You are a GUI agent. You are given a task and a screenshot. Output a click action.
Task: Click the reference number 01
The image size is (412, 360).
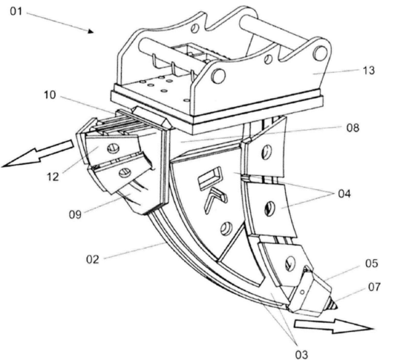pyautogui.click(x=16, y=11)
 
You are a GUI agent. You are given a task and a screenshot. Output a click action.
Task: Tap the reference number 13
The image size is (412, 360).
pyautogui.click(x=369, y=71)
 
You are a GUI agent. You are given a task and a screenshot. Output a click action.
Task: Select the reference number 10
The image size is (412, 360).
pyautogui.click(x=50, y=95)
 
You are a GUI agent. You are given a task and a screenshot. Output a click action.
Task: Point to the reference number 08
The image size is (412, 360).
pyautogui.click(x=353, y=128)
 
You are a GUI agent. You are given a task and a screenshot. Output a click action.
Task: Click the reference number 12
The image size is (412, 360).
pyautogui.click(x=53, y=177)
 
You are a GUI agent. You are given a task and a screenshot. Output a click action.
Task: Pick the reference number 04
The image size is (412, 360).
pyautogui.click(x=344, y=194)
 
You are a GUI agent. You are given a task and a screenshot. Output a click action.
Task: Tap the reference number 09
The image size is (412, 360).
pyautogui.click(x=75, y=215)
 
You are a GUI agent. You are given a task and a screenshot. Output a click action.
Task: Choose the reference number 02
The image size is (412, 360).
pyautogui.click(x=93, y=259)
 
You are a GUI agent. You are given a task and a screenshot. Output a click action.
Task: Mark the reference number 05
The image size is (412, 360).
pyautogui.click(x=371, y=264)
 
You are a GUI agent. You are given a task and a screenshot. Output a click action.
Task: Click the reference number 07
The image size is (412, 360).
pyautogui.click(x=374, y=287)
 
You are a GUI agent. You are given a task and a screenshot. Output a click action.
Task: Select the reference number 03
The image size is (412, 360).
pyautogui.click(x=301, y=355)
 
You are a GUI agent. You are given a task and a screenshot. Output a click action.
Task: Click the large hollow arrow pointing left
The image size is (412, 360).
pyautogui.click(x=38, y=154)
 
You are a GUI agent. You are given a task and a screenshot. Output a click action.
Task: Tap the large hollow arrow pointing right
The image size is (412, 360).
pyautogui.click(x=333, y=326)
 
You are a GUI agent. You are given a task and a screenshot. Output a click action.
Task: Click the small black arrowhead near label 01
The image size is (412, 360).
pyautogui.click(x=91, y=31)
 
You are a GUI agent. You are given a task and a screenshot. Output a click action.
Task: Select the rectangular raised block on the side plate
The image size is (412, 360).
pyautogui.click(x=209, y=178)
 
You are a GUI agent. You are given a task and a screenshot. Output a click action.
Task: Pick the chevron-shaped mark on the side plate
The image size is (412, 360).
pyautogui.click(x=215, y=200)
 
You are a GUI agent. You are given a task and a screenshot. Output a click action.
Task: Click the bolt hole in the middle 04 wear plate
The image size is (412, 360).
pyautogui.click(x=269, y=209)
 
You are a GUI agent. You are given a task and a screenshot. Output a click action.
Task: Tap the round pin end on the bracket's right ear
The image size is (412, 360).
pyautogui.click(x=320, y=53)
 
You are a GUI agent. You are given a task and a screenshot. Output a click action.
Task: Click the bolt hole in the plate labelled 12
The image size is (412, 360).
pyautogui.click(x=114, y=148)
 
